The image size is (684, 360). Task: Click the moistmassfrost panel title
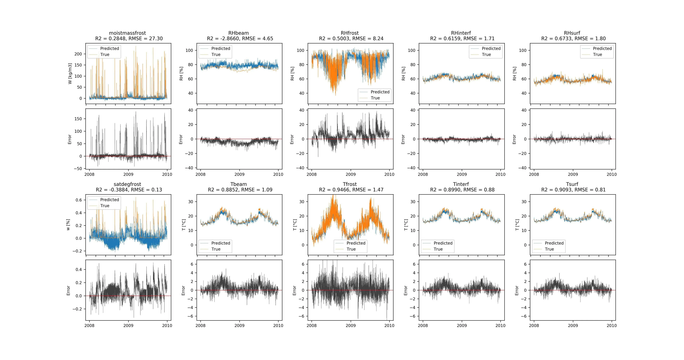127,33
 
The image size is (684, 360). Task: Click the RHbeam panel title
238,33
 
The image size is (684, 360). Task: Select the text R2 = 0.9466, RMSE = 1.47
351,190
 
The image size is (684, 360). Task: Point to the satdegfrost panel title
127,184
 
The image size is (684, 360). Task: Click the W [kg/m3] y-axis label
70,73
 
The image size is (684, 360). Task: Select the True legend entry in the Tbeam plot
216,249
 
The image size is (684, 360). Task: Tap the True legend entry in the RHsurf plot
597,54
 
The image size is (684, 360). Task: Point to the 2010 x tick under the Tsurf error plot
612,325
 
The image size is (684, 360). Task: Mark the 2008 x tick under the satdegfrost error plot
90,325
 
